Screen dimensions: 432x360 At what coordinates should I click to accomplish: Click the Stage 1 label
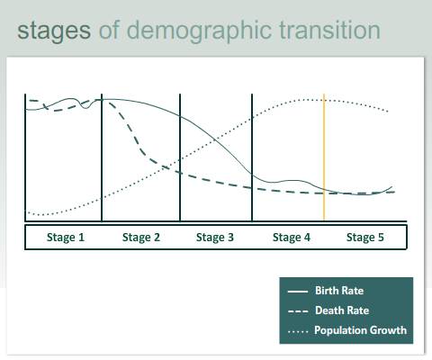pyautogui.click(x=66, y=238)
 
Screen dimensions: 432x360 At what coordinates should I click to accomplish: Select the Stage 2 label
pyautogui.click(x=141, y=238)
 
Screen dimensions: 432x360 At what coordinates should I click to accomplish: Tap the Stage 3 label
pyautogui.click(x=215, y=238)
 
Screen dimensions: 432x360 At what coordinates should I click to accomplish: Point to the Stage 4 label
pyautogui.click(x=292, y=238)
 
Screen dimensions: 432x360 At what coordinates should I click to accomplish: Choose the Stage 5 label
pyautogui.click(x=365, y=238)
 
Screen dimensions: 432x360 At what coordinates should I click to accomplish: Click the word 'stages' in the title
pyautogui.click(x=54, y=31)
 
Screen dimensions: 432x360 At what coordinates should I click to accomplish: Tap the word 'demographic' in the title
pyautogui.click(x=199, y=31)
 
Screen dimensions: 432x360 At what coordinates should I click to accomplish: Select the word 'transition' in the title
pyautogui.click(x=329, y=30)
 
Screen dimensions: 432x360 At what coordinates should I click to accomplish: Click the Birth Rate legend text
pyautogui.click(x=339, y=291)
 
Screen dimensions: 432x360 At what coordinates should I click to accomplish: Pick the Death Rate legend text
pyautogui.click(x=342, y=310)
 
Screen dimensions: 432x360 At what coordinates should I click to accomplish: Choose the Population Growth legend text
pyautogui.click(x=360, y=330)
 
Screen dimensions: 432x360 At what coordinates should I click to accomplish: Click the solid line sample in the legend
pyautogui.click(x=298, y=291)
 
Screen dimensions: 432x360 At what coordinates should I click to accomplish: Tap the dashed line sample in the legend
pyautogui.click(x=298, y=311)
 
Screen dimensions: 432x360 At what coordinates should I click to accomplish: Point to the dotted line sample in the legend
pyautogui.click(x=298, y=331)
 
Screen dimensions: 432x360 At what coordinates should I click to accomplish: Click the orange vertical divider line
pyautogui.click(x=324, y=157)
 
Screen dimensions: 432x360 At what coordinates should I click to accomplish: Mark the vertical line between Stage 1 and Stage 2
pyautogui.click(x=102, y=157)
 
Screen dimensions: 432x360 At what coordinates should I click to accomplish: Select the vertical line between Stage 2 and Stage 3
pyautogui.click(x=180, y=157)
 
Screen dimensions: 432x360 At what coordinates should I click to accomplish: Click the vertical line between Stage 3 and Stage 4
pyautogui.click(x=252, y=157)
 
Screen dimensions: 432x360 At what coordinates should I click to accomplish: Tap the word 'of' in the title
pyautogui.click(x=109, y=30)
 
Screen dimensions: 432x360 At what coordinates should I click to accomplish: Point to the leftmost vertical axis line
pyautogui.click(x=25, y=157)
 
